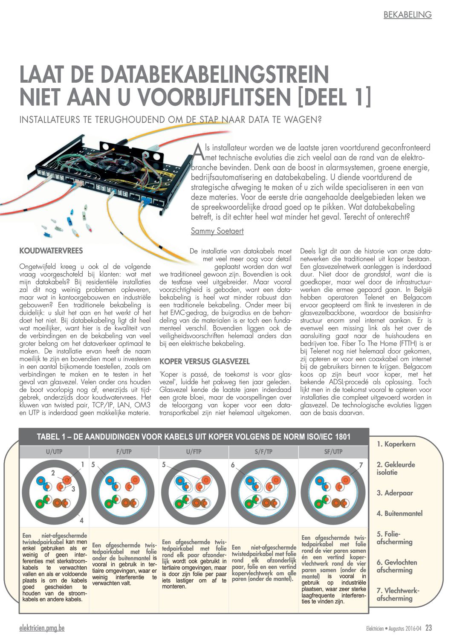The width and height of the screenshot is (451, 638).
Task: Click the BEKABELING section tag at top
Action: tap(407, 15)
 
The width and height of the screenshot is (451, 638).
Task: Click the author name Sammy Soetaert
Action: tap(217, 231)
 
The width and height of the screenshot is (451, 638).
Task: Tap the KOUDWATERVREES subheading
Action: tap(51, 251)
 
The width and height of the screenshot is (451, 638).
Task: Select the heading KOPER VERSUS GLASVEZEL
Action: tap(204, 361)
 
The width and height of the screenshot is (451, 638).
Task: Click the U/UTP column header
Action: tap(54, 452)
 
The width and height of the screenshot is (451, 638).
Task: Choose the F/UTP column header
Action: tap(124, 452)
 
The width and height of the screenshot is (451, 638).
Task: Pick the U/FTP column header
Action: tap(194, 452)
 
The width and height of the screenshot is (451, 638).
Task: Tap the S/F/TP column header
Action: tap(263, 452)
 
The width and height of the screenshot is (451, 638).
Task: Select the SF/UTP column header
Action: tap(333, 452)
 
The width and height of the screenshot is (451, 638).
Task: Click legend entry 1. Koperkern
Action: tap(396, 444)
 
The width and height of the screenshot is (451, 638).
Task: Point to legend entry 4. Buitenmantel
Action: tap(399, 513)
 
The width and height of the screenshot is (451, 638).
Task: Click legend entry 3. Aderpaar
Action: tap(395, 493)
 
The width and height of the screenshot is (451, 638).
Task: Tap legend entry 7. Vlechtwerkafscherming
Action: tap(397, 594)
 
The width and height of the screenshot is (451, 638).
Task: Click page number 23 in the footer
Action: tap(428, 628)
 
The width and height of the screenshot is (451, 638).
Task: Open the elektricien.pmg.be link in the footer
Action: tap(42, 628)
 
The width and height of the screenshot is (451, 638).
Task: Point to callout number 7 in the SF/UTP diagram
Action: tap(361, 465)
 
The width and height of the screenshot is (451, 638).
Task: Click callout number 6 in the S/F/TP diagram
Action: tap(233, 465)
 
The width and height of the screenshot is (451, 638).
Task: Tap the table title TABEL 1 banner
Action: tap(194, 437)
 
